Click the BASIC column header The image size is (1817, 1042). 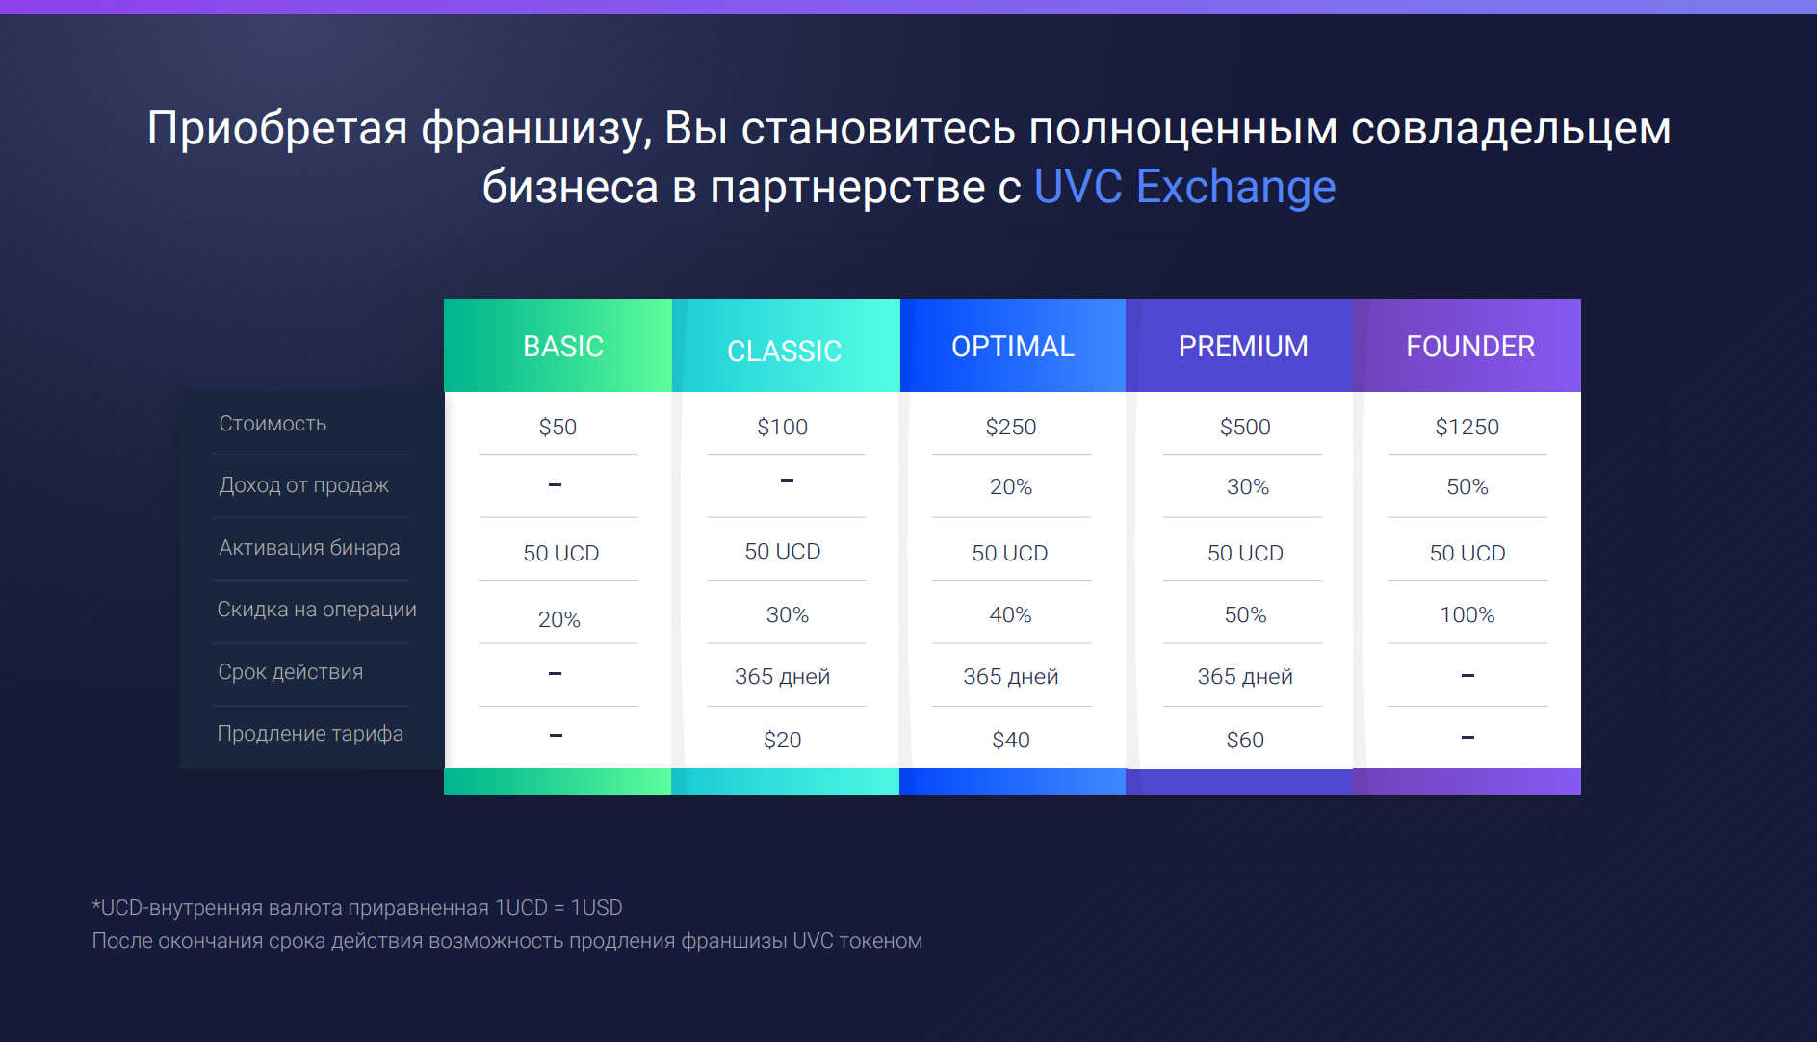[x=563, y=346]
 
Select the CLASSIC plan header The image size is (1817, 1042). [x=785, y=351]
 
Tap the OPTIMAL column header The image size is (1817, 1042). [x=1013, y=346]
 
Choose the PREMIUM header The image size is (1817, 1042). [x=1243, y=346]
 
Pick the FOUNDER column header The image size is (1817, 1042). [x=1470, y=346]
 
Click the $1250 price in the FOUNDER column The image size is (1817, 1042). [x=1467, y=427]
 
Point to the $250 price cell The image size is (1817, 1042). [x=1011, y=427]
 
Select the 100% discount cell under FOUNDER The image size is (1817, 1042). [x=1467, y=614]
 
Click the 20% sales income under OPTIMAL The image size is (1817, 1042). [x=1011, y=486]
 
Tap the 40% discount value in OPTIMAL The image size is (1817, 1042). [x=1011, y=614]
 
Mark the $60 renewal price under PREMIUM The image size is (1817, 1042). [x=1245, y=740]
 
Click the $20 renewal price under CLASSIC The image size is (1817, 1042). [x=783, y=740]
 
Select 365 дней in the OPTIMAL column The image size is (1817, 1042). [x=1011, y=676]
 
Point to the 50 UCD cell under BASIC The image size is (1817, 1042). [x=561, y=553]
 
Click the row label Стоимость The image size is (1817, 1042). [x=273, y=424]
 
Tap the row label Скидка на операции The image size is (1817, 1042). [x=317, y=610]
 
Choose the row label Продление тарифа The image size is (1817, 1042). [x=310, y=734]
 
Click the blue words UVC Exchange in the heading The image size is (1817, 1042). [x=1184, y=186]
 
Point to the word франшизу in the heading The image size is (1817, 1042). [x=536, y=130]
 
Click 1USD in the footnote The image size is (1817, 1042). [x=597, y=908]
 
